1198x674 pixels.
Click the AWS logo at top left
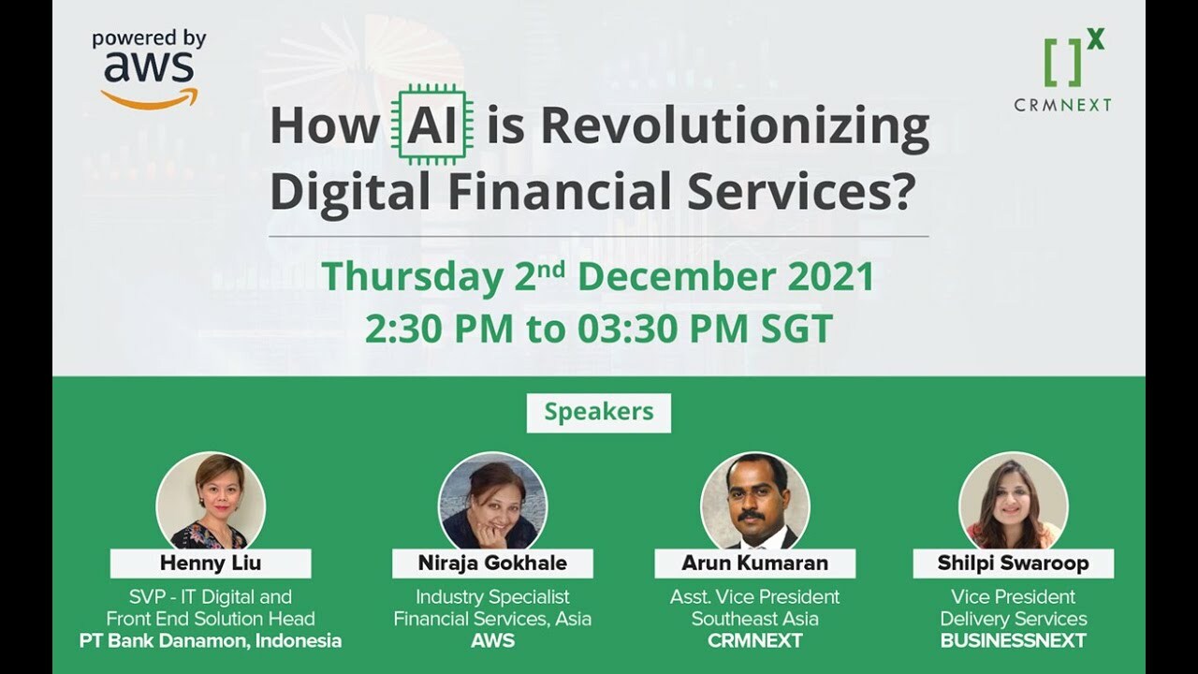(149, 70)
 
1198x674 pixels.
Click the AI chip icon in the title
(431, 125)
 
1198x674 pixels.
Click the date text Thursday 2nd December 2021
(598, 277)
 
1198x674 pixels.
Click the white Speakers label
(598, 413)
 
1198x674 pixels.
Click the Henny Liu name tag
(211, 564)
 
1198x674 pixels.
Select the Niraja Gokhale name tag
(492, 564)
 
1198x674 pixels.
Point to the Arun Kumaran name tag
(754, 564)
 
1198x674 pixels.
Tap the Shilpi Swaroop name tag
(1013, 564)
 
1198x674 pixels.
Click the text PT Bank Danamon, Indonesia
(211, 641)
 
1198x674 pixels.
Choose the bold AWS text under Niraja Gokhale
(492, 641)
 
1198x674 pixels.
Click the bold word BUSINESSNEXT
(1013, 641)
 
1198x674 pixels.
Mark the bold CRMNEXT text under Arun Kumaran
(754, 641)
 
